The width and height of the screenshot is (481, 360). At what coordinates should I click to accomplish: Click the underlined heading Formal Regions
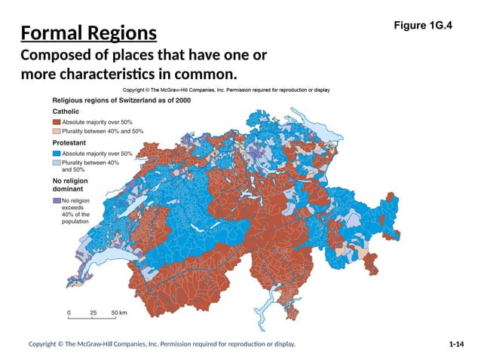89,34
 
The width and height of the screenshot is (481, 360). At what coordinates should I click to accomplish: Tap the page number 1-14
455,344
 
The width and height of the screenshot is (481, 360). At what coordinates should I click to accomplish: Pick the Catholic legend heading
66,111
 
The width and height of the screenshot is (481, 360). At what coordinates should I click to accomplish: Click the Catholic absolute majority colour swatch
56,121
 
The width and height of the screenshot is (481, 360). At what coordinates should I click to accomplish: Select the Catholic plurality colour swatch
56,131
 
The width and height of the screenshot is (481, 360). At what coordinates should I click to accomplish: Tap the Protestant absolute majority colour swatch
56,153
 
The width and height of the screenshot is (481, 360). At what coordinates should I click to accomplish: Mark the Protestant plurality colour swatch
56,163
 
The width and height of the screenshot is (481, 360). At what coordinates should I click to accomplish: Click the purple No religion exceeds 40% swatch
56,201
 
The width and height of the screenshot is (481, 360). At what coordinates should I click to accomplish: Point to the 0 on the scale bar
69,311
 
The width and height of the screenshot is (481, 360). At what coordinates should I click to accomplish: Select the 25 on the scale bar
93,311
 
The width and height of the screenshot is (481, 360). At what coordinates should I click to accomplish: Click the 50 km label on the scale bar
119,311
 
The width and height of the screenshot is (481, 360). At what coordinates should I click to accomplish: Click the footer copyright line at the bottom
161,344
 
